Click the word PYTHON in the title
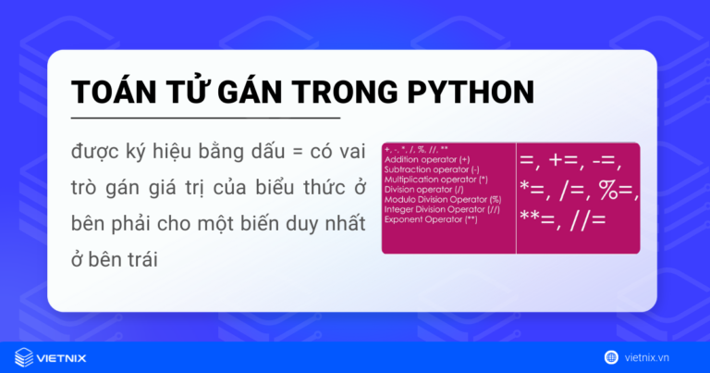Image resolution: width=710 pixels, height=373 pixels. pyautogui.click(x=471, y=93)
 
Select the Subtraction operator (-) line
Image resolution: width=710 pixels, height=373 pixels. pyautogui.click(x=431, y=169)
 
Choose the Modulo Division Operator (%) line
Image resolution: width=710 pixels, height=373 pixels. pyautogui.click(x=442, y=199)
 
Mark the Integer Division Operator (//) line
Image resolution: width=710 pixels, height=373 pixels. pyautogui.click(x=442, y=209)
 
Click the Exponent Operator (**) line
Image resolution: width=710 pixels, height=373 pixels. pyautogui.click(x=431, y=219)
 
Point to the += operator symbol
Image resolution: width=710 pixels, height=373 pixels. pyautogui.click(x=566, y=161)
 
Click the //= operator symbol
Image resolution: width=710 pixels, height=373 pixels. pyautogui.click(x=589, y=219)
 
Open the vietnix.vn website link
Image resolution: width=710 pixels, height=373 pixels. pyautogui.click(x=657, y=356)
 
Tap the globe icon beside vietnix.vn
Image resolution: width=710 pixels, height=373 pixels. pyautogui.click(x=611, y=356)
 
